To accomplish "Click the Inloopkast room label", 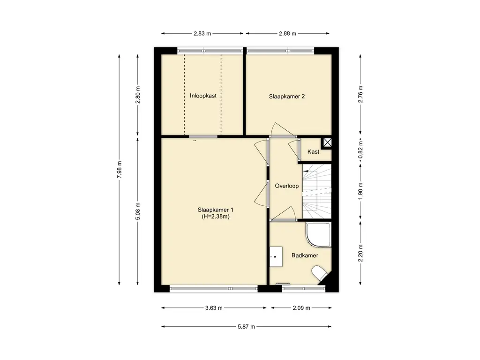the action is click(x=203, y=96).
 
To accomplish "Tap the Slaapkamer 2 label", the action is click(x=287, y=96).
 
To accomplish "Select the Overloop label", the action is click(x=286, y=186).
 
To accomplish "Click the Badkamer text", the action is click(x=305, y=255).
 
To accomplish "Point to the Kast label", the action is click(x=313, y=151).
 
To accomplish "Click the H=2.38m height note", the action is click(x=216, y=217).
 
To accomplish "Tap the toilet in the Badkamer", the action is click(x=319, y=273).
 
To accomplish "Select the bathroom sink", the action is click(x=276, y=256).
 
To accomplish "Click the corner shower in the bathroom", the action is click(x=318, y=235).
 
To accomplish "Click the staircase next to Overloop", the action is click(x=317, y=191).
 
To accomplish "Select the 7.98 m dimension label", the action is click(x=120, y=170).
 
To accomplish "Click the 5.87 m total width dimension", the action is click(x=247, y=327).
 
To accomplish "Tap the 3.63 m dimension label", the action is click(x=214, y=308).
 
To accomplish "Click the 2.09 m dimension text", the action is click(x=301, y=308).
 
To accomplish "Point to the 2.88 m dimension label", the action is click(x=287, y=33).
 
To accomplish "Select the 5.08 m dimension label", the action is click(x=138, y=211).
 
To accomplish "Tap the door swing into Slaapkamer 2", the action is click(x=282, y=130).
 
